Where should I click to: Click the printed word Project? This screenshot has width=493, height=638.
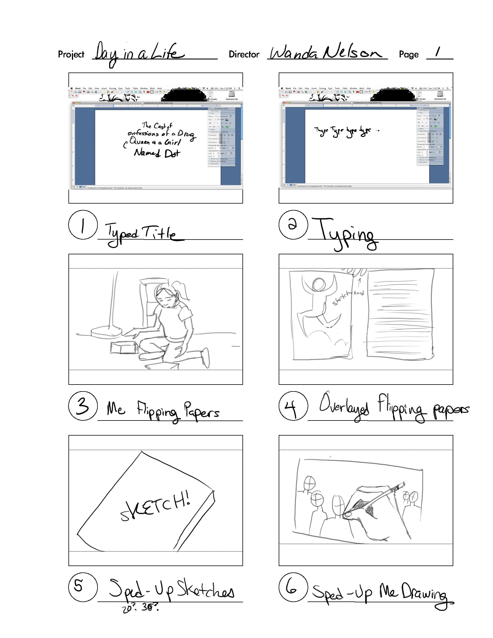point(71,54)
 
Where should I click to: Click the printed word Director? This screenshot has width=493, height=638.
point(244,54)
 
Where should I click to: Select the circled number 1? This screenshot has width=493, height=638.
point(83,225)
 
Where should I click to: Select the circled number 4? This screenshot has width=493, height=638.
point(293,406)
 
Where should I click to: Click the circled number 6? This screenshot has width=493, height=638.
point(293,587)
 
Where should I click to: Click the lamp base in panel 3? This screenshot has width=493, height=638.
point(106,332)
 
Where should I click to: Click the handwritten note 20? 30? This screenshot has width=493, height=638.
point(140,607)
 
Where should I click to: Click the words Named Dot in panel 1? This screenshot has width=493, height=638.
point(157,153)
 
